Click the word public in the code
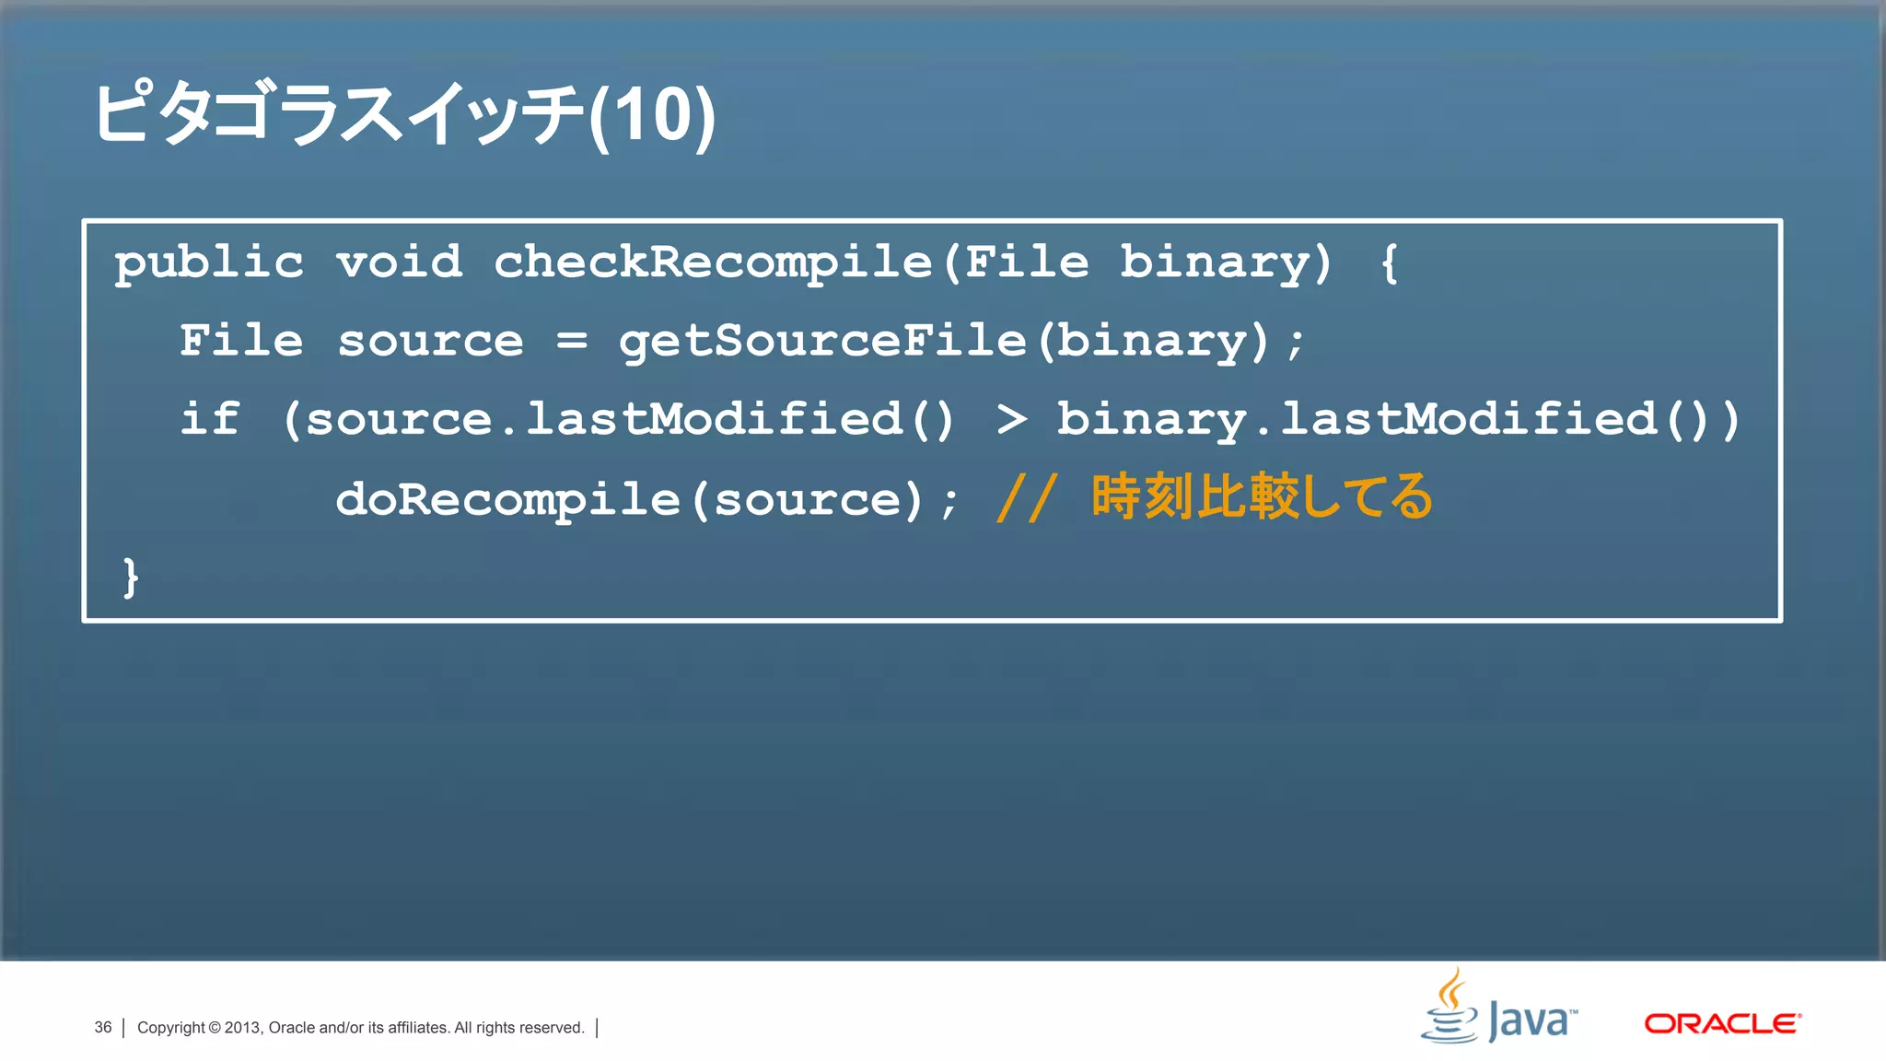point(209,263)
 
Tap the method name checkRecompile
point(713,262)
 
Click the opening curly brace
point(1389,263)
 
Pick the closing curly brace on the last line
point(131,577)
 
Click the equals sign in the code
point(571,341)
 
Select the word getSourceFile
point(822,342)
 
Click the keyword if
point(210,420)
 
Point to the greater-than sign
point(1011,420)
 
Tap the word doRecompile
point(507,500)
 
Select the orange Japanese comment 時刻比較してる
point(1262,497)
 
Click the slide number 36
point(102,1027)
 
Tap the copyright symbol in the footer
point(215,1028)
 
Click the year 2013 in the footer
point(243,1028)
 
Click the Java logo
point(1499,1008)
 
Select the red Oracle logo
point(1722,1023)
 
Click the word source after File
point(430,342)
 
